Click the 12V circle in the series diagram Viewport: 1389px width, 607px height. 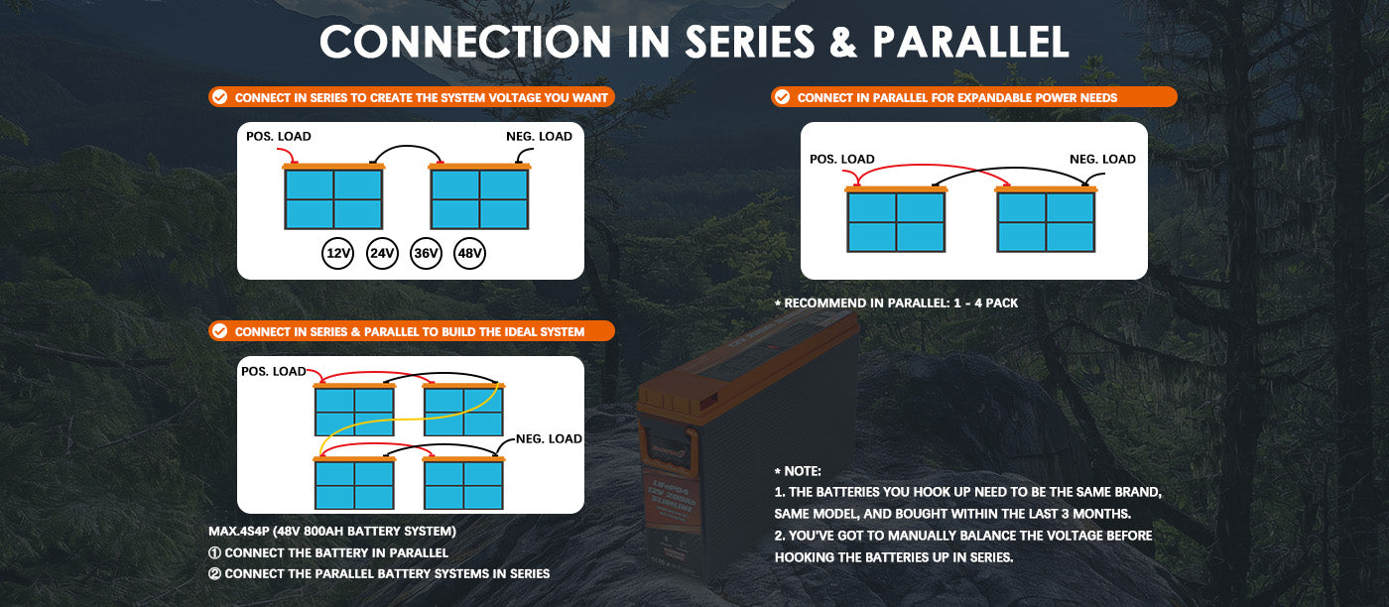click(338, 254)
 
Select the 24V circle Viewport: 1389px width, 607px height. click(382, 254)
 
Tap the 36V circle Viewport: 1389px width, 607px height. click(426, 254)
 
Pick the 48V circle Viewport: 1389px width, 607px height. click(469, 254)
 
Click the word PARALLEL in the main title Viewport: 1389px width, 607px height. click(970, 42)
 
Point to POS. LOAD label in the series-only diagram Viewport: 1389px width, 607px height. click(278, 136)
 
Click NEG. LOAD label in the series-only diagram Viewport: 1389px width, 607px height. click(540, 136)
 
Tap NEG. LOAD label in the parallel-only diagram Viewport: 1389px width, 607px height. click(1102, 159)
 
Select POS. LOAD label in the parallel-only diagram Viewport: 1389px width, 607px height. click(842, 159)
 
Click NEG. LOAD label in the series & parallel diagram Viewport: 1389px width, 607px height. click(549, 438)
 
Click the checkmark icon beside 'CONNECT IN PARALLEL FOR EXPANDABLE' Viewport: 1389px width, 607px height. click(782, 97)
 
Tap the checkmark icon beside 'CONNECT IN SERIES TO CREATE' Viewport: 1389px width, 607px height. click(219, 97)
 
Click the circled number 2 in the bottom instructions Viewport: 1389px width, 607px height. click(214, 573)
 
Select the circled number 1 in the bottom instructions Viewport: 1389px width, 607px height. click(214, 552)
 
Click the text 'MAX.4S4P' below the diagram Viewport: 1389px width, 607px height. click(235, 532)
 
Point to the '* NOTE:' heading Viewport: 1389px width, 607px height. click(798, 471)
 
